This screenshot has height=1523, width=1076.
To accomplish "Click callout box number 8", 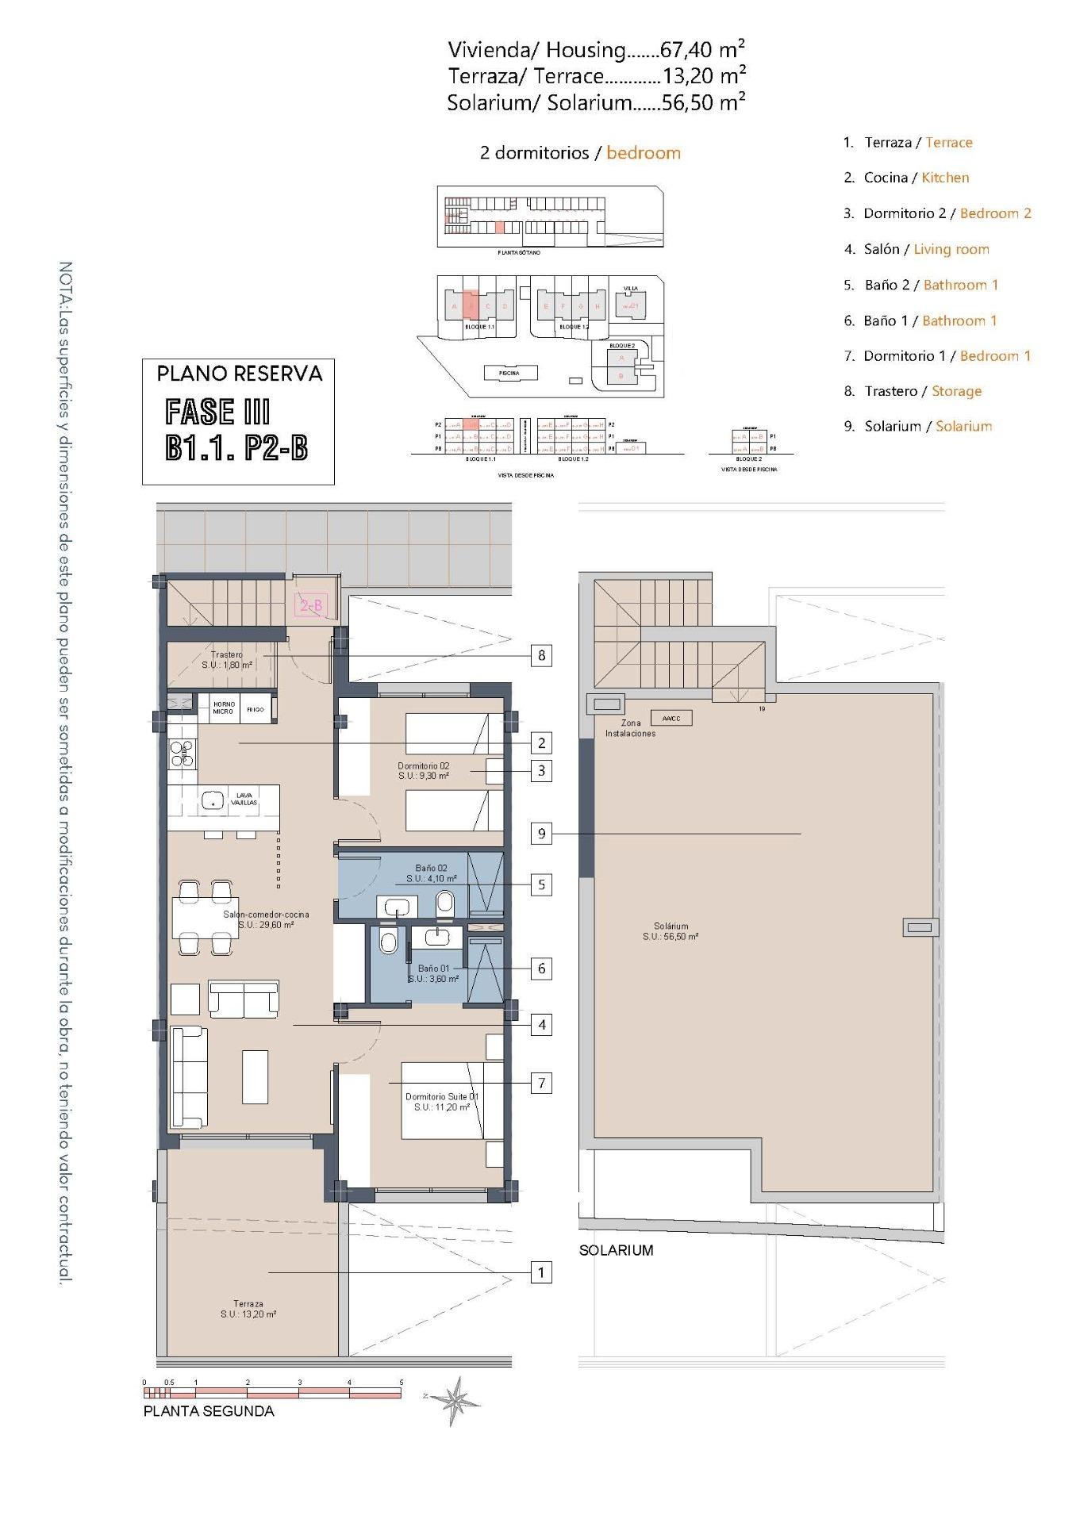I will [x=541, y=655].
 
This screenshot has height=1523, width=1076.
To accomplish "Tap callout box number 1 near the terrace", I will [x=541, y=1272].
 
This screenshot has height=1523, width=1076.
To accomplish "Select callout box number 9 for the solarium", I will [x=541, y=833].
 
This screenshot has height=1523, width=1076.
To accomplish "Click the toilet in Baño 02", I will [x=445, y=902].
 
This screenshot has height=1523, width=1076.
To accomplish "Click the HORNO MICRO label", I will [x=223, y=708].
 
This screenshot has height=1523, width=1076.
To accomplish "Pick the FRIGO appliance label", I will [x=255, y=709].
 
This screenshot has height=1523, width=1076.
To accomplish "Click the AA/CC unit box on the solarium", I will [x=671, y=718].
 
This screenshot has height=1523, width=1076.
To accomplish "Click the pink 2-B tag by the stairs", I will [x=310, y=606].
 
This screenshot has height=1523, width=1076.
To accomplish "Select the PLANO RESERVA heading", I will [x=239, y=374].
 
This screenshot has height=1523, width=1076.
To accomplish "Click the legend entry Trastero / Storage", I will [x=913, y=391].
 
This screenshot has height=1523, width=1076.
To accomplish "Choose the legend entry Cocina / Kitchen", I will [x=906, y=178].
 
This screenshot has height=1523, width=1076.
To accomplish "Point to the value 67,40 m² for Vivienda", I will [x=703, y=50].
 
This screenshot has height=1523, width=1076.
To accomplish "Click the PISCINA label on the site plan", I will [x=509, y=373].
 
